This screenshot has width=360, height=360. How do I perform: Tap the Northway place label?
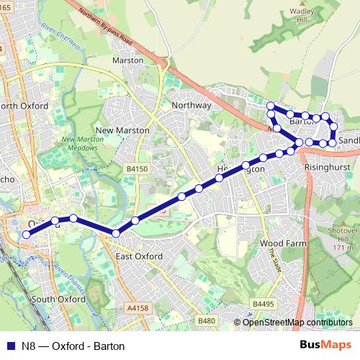(192, 105)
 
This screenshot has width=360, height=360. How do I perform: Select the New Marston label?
(122, 130)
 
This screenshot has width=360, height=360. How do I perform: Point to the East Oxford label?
(138, 256)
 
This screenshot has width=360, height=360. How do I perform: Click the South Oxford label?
(58, 299)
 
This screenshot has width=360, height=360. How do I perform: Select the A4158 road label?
(137, 307)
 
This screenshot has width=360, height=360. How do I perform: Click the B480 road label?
(206, 320)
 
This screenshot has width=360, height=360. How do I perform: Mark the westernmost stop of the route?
(27, 234)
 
